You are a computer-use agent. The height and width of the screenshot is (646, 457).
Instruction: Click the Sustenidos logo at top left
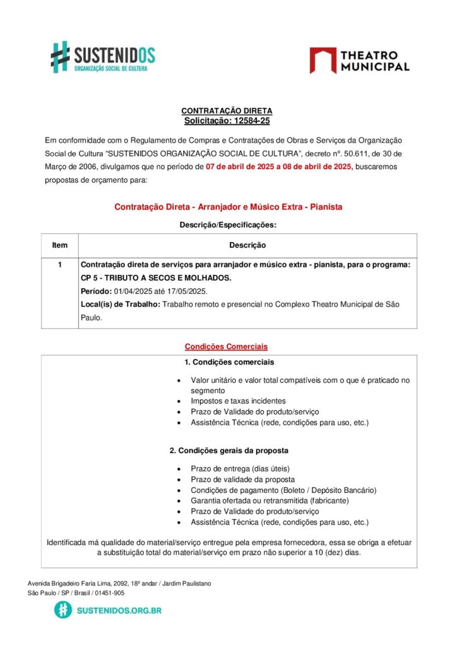103,57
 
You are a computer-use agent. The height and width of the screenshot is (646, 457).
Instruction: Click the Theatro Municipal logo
359,61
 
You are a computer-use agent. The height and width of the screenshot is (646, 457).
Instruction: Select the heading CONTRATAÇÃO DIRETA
227,111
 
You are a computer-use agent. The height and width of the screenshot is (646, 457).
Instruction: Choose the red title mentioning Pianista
228,207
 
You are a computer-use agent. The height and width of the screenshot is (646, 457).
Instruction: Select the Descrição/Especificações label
228,225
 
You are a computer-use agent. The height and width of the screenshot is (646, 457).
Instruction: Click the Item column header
60,245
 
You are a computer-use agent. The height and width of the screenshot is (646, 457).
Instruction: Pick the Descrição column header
247,245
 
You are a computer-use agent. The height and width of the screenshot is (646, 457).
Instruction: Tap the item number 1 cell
60,265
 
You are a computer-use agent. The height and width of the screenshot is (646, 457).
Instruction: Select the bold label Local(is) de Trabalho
121,305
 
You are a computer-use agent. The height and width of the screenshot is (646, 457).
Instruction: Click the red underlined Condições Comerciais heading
226,346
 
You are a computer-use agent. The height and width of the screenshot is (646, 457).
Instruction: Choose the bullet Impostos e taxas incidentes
238,401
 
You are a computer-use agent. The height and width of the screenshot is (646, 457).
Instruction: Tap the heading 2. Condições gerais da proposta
228,451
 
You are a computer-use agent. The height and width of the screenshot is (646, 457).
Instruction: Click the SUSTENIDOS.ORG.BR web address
119,611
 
